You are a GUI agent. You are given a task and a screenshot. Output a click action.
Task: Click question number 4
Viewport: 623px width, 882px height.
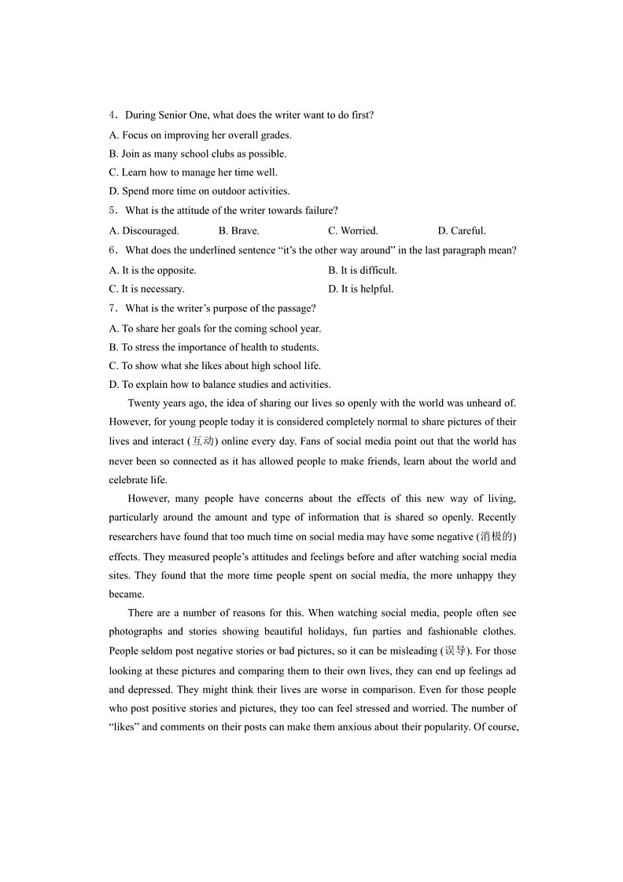112,115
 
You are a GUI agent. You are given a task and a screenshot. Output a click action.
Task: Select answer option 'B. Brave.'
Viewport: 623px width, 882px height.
239,231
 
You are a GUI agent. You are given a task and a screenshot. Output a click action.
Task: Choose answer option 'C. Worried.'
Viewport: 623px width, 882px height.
352,231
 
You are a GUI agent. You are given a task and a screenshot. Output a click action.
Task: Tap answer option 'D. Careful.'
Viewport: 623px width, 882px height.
462,231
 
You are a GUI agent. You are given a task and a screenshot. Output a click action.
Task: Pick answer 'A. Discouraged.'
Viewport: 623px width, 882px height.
144,231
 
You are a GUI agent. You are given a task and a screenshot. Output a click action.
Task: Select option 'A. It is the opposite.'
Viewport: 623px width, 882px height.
153,270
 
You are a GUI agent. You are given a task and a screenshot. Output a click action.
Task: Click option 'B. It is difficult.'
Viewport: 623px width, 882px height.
363,270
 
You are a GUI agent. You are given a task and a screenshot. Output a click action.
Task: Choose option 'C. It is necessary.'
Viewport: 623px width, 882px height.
147,289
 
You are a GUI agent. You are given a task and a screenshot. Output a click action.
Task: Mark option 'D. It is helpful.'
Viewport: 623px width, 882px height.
361,289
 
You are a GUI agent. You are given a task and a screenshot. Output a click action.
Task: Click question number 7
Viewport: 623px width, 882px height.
112,308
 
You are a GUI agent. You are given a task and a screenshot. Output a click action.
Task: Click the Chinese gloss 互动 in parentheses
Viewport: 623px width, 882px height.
202,441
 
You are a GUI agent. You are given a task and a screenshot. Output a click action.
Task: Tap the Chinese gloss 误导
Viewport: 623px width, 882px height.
455,651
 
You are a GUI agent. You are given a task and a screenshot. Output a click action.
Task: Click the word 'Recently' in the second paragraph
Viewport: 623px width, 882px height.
496,517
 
